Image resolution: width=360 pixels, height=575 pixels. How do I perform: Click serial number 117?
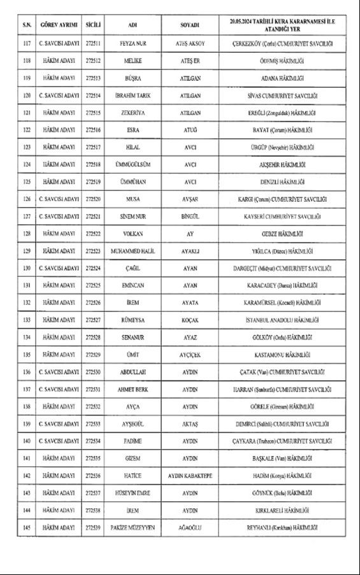click(27, 44)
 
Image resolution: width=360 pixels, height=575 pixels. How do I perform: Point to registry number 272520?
click(92, 199)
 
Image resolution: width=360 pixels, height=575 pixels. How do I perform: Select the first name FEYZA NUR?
click(133, 44)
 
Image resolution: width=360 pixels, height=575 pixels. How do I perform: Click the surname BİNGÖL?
click(190, 217)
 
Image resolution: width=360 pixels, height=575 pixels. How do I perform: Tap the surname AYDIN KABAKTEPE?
click(190, 476)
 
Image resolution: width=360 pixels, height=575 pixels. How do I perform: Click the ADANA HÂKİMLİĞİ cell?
click(283, 78)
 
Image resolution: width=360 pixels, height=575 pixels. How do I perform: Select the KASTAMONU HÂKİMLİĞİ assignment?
click(283, 355)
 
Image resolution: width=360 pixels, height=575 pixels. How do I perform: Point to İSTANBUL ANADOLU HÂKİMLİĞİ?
click(283, 320)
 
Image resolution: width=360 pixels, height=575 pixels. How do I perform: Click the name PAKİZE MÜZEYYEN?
click(133, 527)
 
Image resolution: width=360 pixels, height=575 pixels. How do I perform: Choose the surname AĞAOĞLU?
click(190, 527)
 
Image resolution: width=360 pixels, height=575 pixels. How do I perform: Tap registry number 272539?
click(92, 527)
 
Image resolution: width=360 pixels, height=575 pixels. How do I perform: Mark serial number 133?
click(27, 320)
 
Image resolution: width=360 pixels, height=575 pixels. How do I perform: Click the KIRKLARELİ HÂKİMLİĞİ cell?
click(283, 510)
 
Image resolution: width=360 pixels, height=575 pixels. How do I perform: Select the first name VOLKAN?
click(133, 234)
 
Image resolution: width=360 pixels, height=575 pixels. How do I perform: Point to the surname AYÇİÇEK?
click(190, 355)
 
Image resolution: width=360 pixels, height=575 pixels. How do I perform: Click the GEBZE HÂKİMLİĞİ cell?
click(283, 234)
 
